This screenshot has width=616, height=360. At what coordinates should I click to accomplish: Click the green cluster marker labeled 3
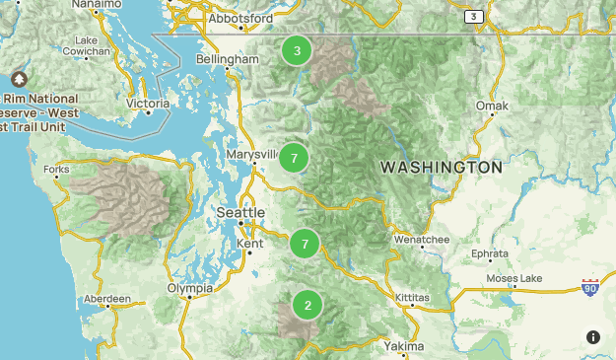tap(296, 51)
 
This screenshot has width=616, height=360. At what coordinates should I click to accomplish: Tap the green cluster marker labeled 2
tap(308, 305)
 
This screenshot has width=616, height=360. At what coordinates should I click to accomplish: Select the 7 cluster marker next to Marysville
tap(294, 158)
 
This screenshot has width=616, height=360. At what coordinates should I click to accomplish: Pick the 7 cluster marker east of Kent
tap(305, 244)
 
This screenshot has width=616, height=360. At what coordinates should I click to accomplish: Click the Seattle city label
tap(240, 213)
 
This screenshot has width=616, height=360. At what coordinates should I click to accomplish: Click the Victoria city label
tap(149, 103)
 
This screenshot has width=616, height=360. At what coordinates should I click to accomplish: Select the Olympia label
tap(189, 288)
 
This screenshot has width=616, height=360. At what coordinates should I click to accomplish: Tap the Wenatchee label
tap(423, 240)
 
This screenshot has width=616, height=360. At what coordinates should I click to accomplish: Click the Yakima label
tap(404, 346)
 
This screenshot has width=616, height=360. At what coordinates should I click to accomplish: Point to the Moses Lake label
tap(516, 278)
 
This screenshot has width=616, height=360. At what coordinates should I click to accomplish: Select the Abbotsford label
tap(240, 18)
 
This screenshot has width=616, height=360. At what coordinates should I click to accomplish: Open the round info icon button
tap(593, 336)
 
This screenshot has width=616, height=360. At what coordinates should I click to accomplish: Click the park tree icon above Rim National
tap(19, 79)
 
